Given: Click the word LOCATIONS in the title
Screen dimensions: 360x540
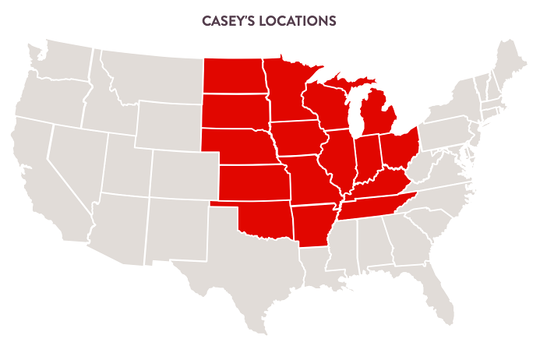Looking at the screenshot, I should pos(299,21).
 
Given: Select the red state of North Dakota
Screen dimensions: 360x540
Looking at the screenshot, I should pos(233,76).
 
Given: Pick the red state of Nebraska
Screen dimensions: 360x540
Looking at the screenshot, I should pos(238,146).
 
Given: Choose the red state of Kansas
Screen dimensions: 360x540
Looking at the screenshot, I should pos(252,183).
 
